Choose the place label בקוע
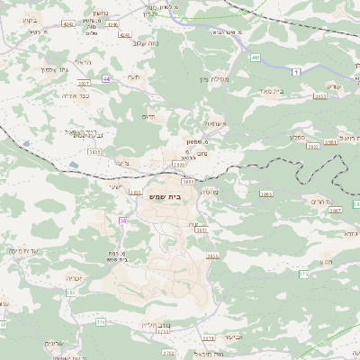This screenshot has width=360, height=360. [x=28, y=19]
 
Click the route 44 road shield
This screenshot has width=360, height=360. [x=107, y=79]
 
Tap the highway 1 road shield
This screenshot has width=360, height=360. [x=294, y=69]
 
